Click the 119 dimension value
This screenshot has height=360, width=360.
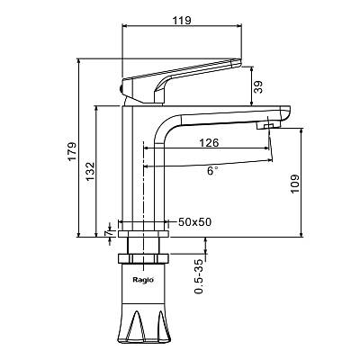tap(182, 21)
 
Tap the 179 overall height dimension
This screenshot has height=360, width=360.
tap(72, 151)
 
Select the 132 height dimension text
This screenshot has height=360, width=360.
tap(90, 172)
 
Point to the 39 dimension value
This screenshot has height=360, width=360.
tap(258, 87)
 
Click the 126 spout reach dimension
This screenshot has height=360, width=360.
tap(209, 142)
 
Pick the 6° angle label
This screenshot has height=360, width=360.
tap(212, 171)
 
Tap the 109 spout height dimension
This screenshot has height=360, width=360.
tap(295, 184)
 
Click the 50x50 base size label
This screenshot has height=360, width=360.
tap(195, 222)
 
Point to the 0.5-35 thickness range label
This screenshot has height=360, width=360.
tap(199, 276)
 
